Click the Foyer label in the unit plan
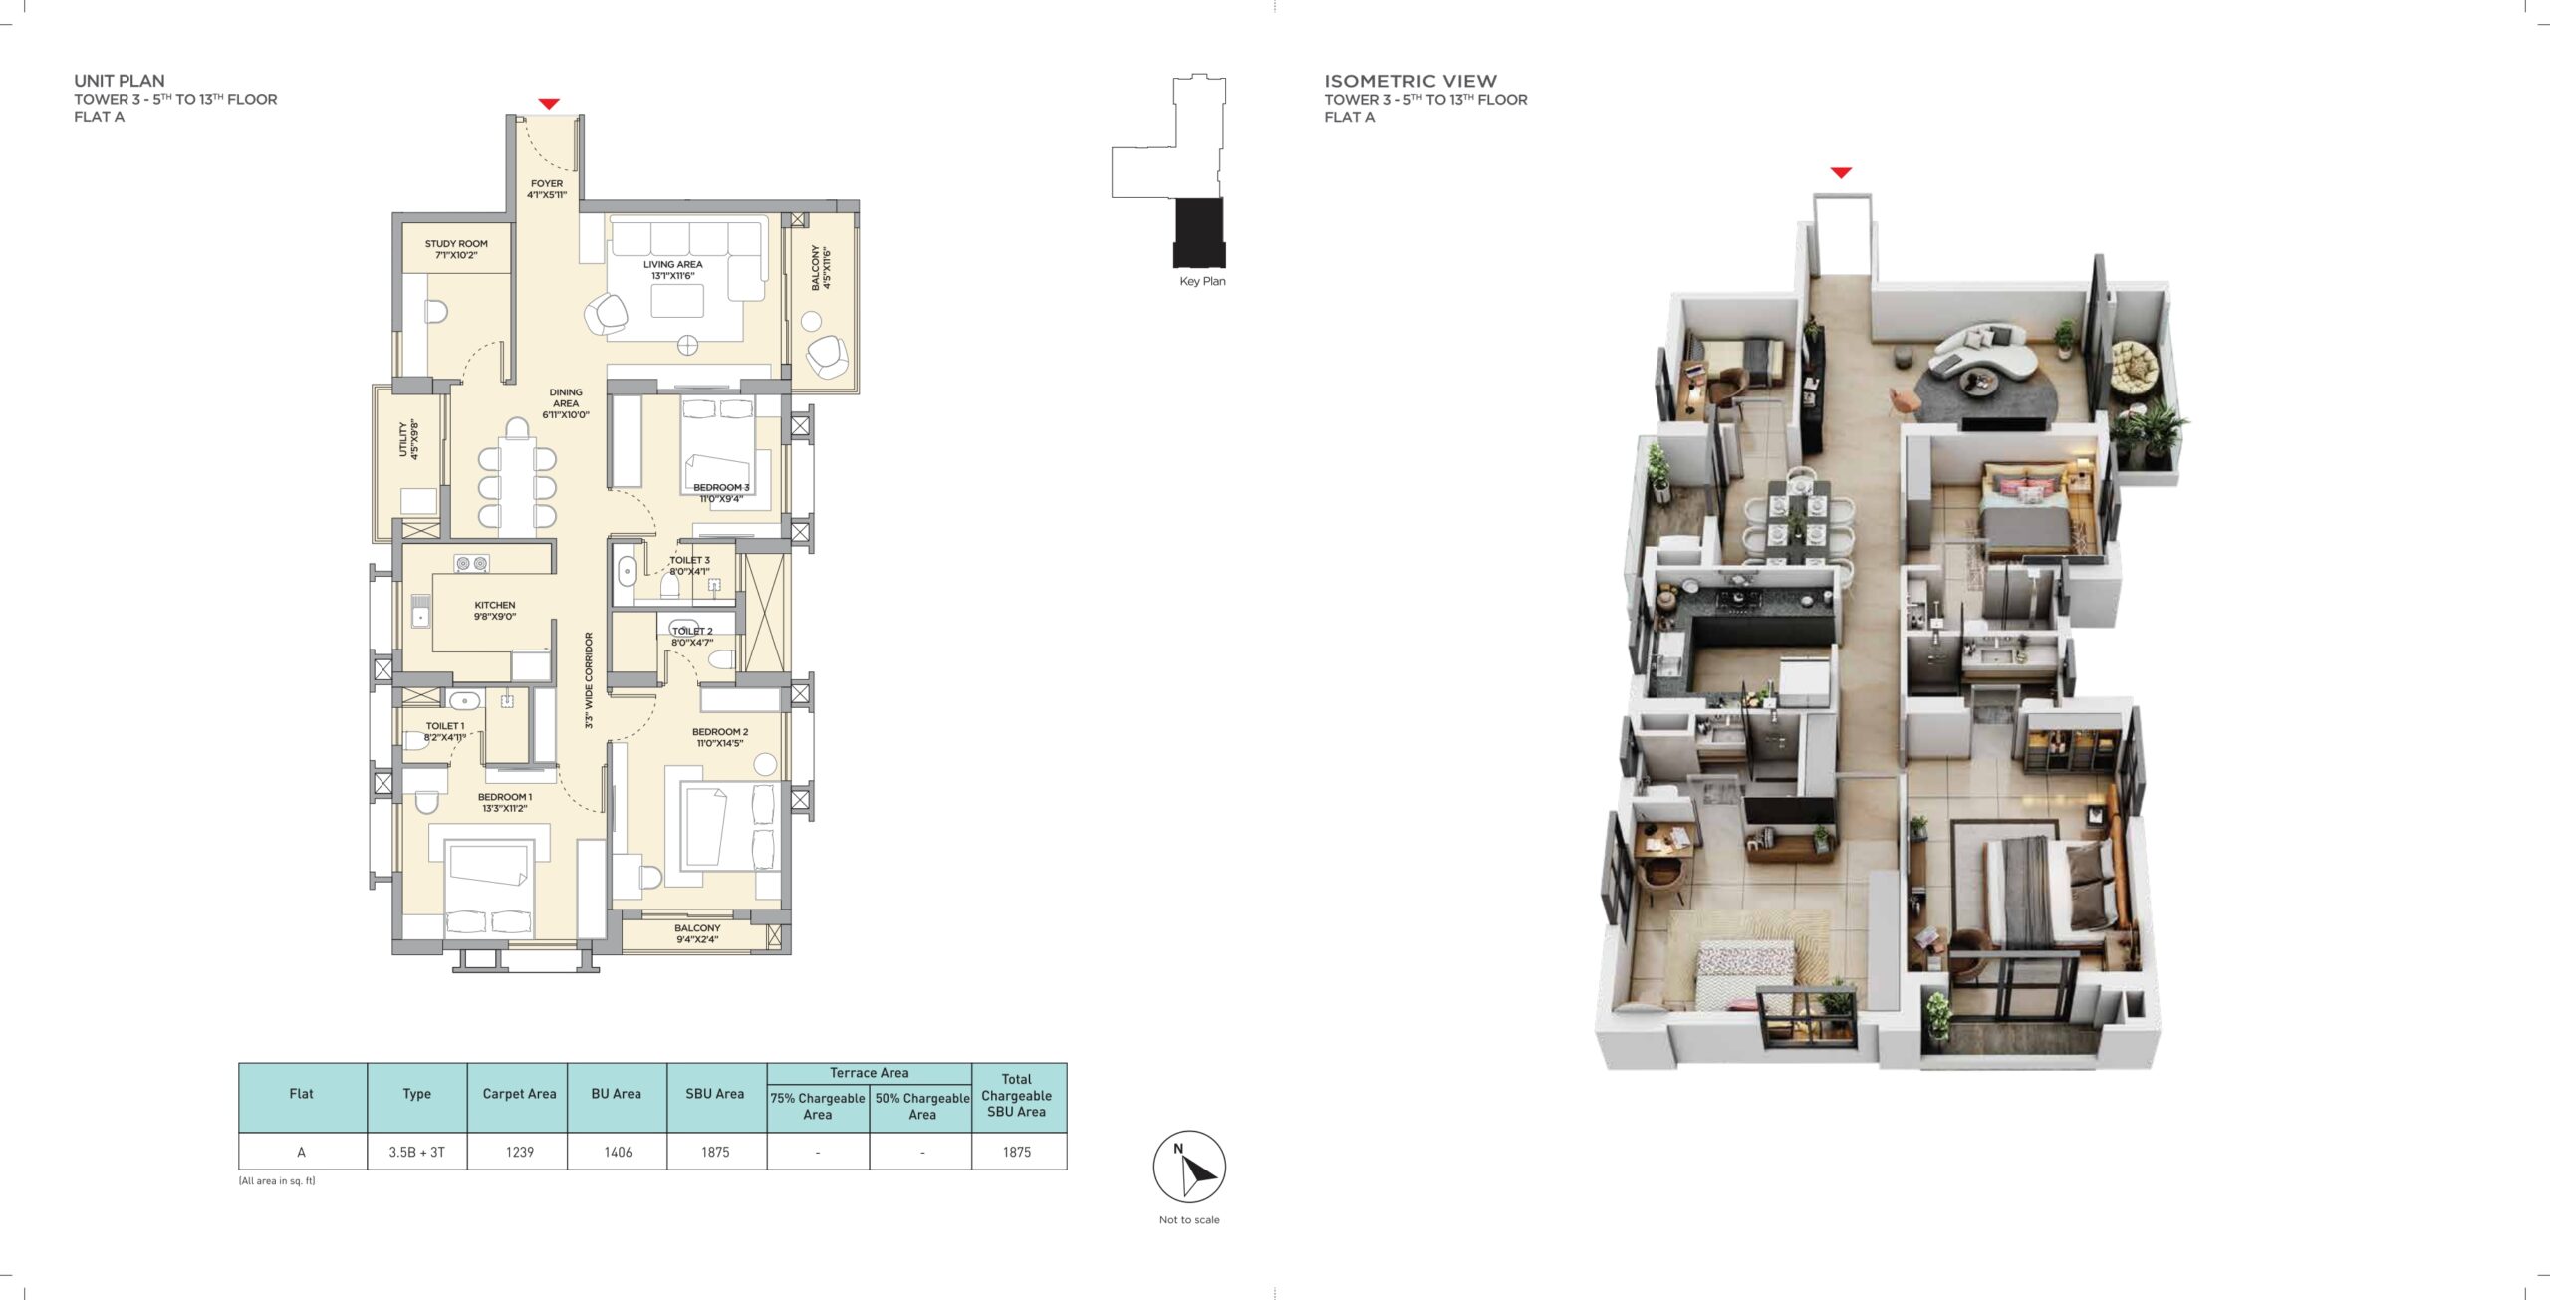[547, 189]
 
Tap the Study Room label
[456, 249]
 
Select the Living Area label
[673, 270]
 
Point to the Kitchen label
[495, 611]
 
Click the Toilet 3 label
[689, 566]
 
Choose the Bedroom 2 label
[720, 737]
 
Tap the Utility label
[408, 439]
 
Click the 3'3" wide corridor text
[589, 680]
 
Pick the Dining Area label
[566, 403]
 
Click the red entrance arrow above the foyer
[549, 104]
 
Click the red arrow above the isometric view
[1841, 173]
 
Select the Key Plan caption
[1202, 281]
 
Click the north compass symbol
[1189, 1167]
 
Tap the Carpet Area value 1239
[520, 1152]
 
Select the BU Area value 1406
[618, 1152]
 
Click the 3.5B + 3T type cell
[417, 1152]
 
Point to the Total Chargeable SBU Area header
[1016, 1095]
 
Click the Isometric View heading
[1410, 81]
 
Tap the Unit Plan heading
[120, 81]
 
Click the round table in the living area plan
[688, 346]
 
